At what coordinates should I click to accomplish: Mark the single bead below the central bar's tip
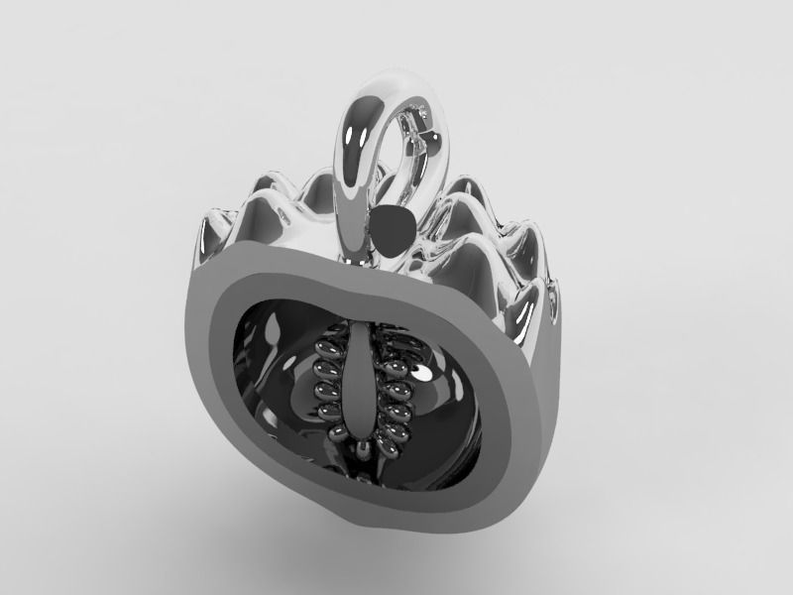click(369, 452)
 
